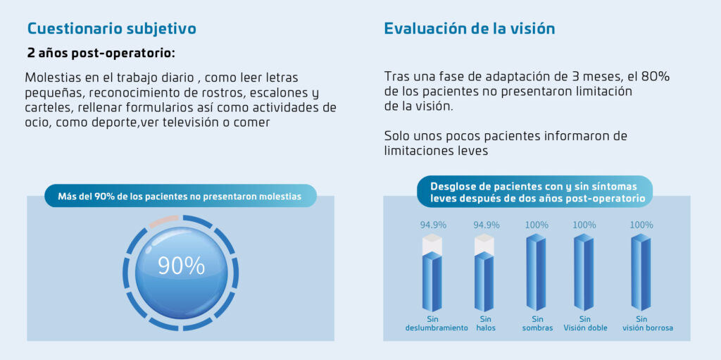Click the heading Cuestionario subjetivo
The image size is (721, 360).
click(111, 29)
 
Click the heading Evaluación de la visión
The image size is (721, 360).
click(469, 29)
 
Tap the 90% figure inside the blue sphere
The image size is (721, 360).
click(181, 266)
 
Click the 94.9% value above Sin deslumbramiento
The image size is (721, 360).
click(433, 225)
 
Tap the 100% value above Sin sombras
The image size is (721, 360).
click(537, 225)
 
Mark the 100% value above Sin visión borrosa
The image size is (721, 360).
click(641, 225)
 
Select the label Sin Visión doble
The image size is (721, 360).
click(585, 323)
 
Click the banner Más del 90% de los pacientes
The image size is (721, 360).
click(180, 197)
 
